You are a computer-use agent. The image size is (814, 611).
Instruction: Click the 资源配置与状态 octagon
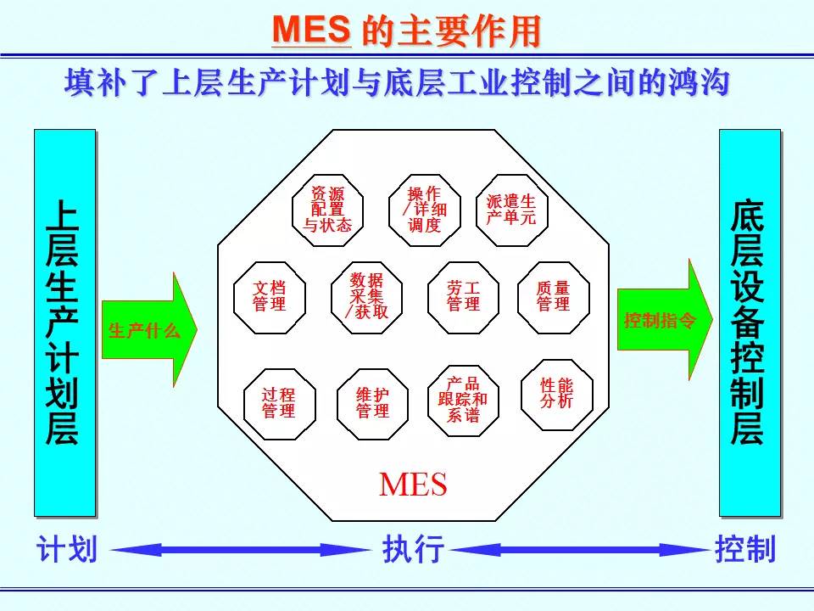point(327,210)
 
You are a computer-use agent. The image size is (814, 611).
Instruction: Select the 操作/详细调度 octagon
point(425,210)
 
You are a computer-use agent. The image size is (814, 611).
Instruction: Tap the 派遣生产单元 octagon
point(512,210)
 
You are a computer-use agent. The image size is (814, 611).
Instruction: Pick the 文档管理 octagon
point(270,297)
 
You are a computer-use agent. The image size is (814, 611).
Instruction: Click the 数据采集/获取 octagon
point(367,297)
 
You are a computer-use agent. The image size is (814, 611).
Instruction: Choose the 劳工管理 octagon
point(464,297)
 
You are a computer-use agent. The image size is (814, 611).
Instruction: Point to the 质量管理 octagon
point(554,297)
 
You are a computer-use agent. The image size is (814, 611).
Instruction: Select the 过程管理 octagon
point(280,404)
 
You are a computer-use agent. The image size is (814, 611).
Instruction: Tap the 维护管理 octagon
point(373,404)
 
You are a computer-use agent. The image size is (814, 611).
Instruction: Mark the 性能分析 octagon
point(557,395)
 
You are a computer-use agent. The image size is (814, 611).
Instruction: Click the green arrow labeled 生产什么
point(149,329)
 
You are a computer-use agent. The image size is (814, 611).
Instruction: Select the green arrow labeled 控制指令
point(665,320)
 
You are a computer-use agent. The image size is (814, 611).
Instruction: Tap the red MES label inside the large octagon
point(413,485)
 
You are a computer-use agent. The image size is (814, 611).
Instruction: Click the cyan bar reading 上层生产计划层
point(65,322)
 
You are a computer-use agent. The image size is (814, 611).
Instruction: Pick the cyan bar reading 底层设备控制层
point(750,322)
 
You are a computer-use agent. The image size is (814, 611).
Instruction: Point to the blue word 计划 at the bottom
point(66,549)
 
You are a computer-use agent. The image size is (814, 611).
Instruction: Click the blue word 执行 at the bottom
point(413,549)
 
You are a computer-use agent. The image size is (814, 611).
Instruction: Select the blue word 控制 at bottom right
point(745,549)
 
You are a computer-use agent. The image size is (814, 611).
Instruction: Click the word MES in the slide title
point(311,30)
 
